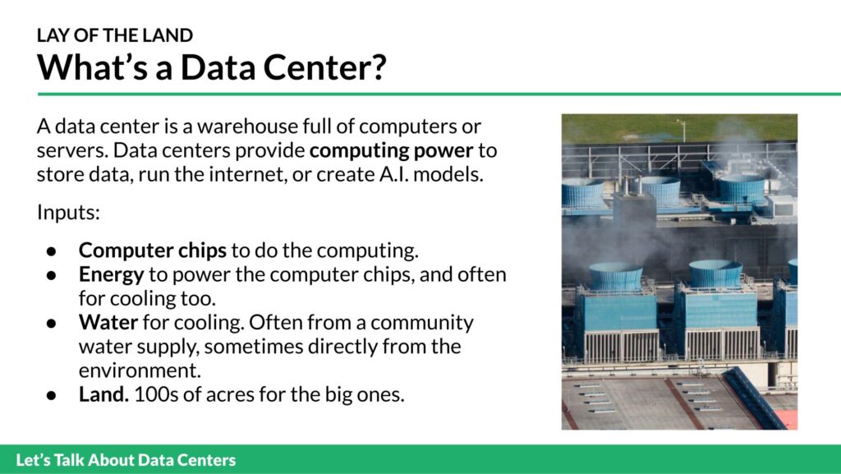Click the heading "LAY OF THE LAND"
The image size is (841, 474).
115,35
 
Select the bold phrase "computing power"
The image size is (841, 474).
392,151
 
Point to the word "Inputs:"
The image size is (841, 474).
69,213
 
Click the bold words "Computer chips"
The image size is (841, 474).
152,251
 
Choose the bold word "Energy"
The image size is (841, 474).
111,275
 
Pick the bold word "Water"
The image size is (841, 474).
108,322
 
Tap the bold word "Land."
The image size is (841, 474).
103,394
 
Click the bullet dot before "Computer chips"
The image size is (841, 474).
52,251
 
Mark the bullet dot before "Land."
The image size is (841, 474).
52,395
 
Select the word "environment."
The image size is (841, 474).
140,370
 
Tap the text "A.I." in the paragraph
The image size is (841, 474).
393,175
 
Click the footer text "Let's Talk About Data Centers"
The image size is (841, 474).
126,460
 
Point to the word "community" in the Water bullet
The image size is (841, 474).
422,324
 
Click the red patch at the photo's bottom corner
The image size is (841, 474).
788,419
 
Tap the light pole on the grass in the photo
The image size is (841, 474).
682,130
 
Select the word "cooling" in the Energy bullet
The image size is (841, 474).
138,299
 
